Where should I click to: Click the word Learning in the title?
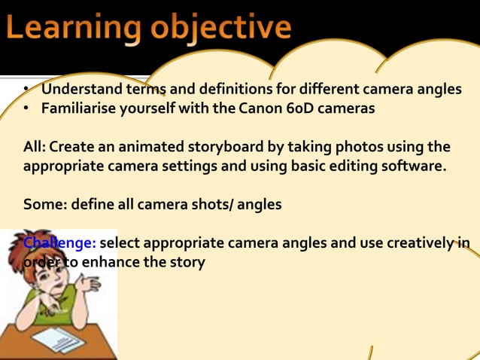pyautogui.click(x=71, y=29)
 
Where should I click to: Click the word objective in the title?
pyautogui.click(x=218, y=29)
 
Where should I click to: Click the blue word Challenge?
pyautogui.click(x=59, y=243)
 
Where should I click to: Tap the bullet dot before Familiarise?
pyautogui.click(x=26, y=109)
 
